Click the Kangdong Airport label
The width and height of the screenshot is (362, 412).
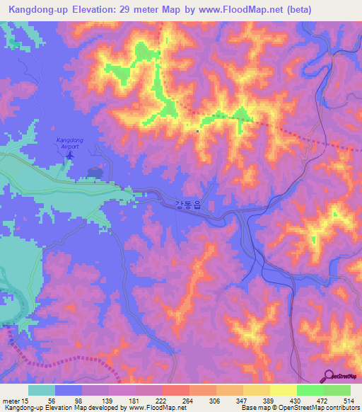point(69,144)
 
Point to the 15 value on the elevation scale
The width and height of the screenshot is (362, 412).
point(27,401)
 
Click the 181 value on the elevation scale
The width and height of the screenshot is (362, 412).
point(136,401)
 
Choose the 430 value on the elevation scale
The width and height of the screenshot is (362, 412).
point(298,401)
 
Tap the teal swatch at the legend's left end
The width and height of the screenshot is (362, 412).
point(42,390)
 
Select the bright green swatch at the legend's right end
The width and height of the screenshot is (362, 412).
point(337,390)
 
